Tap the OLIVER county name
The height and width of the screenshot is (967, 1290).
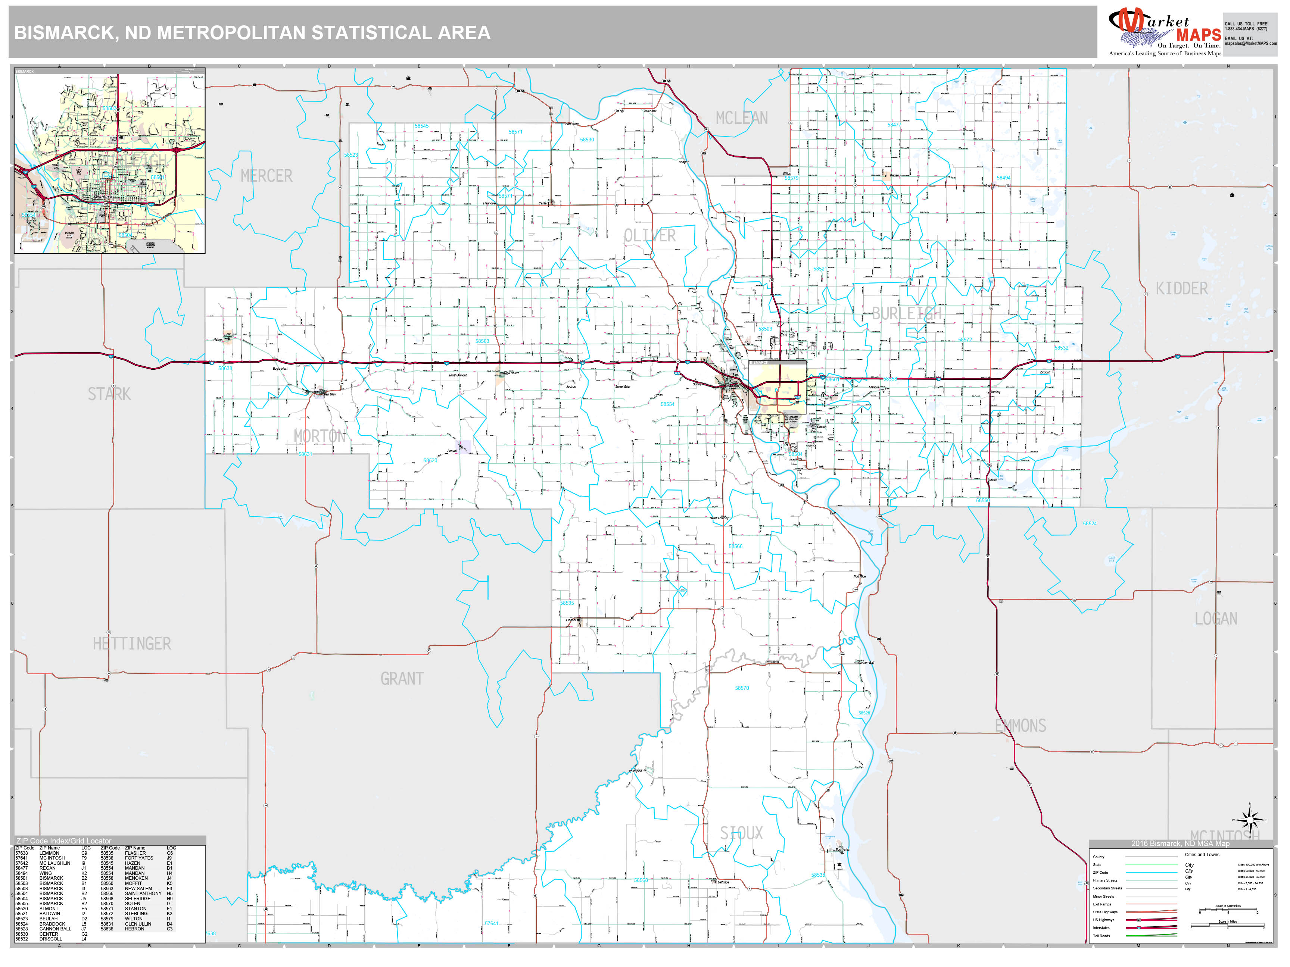click(649, 235)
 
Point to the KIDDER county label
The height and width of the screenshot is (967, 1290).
click(1181, 288)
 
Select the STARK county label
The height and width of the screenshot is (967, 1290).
click(109, 394)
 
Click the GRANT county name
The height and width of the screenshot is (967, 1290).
click(402, 679)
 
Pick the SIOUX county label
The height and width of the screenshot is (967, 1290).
click(741, 833)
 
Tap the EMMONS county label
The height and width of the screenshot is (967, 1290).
click(1021, 726)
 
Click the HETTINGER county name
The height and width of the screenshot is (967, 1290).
click(132, 644)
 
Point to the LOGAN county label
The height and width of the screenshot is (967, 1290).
click(1216, 619)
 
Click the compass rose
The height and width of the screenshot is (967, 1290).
click(1250, 821)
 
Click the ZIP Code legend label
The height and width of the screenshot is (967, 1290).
click(1100, 873)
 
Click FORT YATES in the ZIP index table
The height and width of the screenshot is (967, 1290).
click(139, 858)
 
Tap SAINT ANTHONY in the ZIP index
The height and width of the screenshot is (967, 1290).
click(143, 894)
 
